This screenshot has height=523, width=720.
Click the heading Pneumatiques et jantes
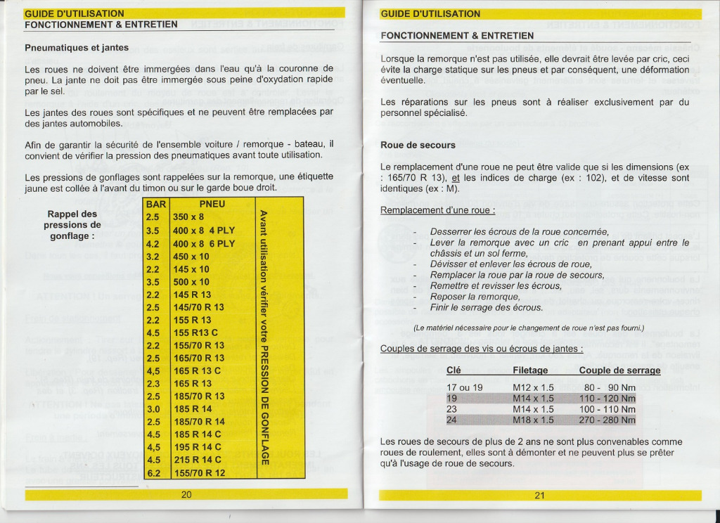pos(77,48)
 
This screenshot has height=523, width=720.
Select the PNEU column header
pos(212,205)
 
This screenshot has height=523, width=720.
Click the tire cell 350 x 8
pos(189,217)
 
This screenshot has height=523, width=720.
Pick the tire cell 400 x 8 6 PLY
pos(204,243)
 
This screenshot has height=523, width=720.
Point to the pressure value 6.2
pos(153,473)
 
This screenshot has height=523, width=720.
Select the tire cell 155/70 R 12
pos(199,473)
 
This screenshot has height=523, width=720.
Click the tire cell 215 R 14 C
pos(197,460)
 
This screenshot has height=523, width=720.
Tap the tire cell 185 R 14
pos(192,409)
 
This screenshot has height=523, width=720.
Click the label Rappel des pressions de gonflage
pos(72,225)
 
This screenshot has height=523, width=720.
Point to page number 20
pos(186,495)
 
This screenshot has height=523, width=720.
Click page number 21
pos(539,495)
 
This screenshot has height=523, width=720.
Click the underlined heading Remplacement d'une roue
pos(437,210)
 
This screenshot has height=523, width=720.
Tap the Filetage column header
pos(530,370)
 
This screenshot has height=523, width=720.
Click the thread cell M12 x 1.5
pos(534,387)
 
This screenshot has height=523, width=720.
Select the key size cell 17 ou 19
pos(465,387)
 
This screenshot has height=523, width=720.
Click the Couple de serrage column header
pos(619,370)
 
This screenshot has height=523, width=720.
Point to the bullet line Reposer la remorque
pos(475,297)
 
